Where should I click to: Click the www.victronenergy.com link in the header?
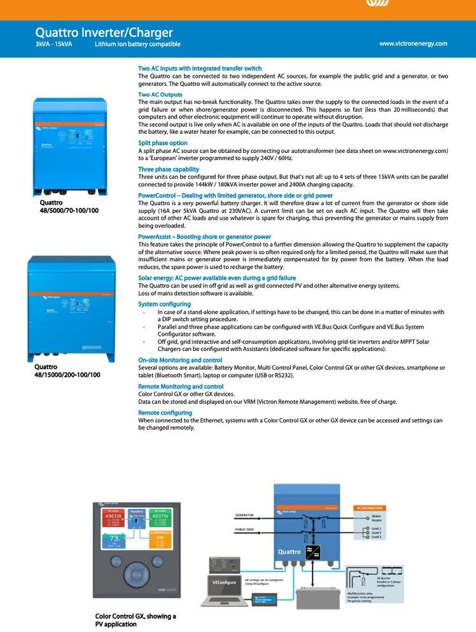413,43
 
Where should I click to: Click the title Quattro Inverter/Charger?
104,32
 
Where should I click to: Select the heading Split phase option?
163,143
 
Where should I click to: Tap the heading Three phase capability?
169,169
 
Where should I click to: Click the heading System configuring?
164,305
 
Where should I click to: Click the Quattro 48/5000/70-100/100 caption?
69,206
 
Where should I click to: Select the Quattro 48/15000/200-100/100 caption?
67,371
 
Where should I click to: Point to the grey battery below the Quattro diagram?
325,600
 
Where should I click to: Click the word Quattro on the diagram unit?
289,552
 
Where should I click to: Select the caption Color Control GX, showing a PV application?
136,620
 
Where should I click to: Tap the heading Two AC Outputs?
160,95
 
